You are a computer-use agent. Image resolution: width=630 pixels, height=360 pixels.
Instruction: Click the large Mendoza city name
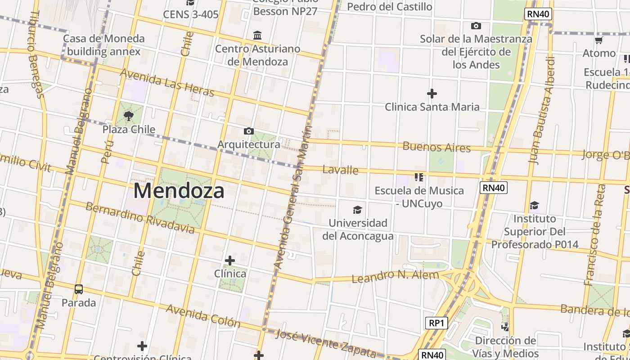click(179, 191)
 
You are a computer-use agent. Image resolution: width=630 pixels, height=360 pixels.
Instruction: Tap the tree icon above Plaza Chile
click(129, 116)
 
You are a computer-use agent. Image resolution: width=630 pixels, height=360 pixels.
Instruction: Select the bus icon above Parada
click(79, 289)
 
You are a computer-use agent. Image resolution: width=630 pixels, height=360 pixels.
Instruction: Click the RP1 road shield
click(436, 323)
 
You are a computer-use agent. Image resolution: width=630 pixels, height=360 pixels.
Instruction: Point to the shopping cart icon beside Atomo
click(598, 40)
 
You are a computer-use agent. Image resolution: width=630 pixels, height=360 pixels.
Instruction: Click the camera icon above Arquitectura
click(248, 131)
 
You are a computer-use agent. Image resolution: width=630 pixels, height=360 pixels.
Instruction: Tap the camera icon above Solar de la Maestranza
click(476, 26)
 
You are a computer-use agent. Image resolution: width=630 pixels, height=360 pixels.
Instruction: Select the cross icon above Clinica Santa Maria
click(432, 94)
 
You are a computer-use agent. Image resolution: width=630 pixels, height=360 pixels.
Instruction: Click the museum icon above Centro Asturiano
click(257, 35)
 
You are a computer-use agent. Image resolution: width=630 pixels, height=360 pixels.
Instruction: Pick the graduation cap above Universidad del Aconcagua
click(357, 210)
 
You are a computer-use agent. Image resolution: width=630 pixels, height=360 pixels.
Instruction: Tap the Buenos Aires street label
click(436, 147)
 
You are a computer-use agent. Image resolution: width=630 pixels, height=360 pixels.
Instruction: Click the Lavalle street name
click(341, 170)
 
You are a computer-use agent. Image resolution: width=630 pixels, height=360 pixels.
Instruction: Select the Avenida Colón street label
click(203, 315)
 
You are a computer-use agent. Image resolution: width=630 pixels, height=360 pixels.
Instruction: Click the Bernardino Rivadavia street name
click(140, 218)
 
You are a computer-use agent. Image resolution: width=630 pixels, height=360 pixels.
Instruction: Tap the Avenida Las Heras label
click(167, 82)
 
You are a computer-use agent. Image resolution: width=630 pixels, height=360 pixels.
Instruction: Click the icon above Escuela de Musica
click(419, 177)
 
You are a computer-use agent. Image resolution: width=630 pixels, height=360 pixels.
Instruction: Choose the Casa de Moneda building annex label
click(103, 45)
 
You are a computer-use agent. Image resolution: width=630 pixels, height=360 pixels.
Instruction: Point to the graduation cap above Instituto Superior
click(534, 206)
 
